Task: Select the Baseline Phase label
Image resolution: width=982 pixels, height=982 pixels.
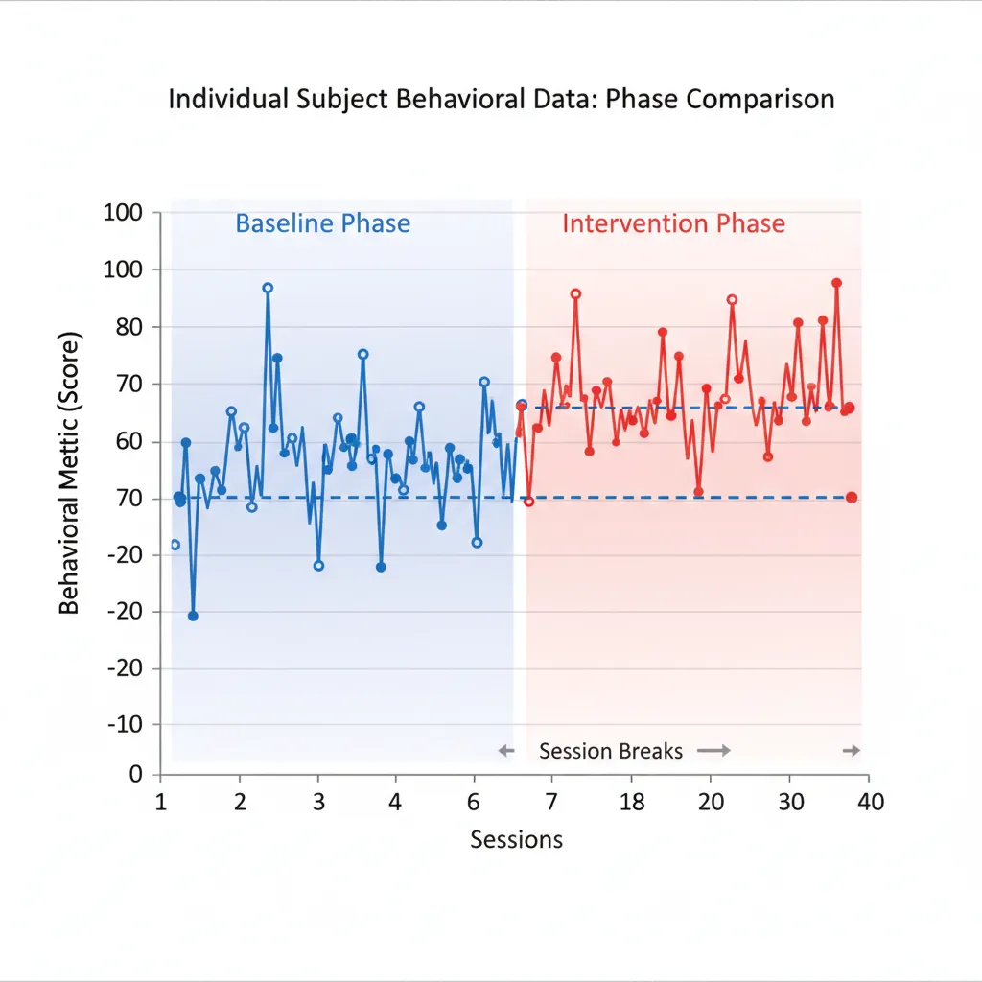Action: coord(322,224)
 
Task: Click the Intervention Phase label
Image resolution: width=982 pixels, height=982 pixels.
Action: coord(673,224)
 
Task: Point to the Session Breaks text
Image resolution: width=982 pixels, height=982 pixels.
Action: coord(611,751)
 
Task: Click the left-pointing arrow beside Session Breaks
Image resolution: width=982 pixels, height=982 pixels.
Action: coord(507,751)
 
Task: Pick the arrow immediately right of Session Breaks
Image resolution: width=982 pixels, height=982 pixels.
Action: coord(713,751)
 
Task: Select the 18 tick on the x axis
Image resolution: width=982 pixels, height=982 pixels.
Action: coord(631,802)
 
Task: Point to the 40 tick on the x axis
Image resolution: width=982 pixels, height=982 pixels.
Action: coord(870,802)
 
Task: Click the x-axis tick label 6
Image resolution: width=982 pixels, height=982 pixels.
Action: coord(473,802)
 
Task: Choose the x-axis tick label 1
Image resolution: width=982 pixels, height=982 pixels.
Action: coord(162,802)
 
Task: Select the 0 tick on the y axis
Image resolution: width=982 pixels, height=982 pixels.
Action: coord(135,774)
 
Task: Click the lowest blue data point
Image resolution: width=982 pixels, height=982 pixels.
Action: coord(193,616)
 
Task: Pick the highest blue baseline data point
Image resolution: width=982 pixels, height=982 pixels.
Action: coord(268,288)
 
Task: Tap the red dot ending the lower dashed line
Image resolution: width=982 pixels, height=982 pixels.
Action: coord(852,497)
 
